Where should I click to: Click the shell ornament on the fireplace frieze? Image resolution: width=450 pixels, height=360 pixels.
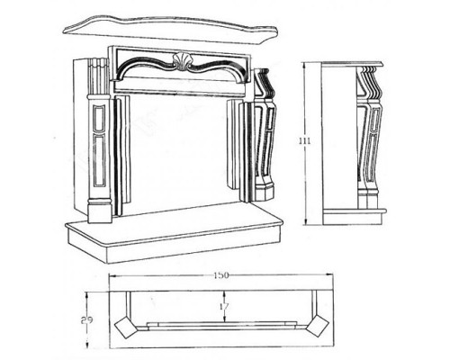pyautogui.click(x=181, y=61)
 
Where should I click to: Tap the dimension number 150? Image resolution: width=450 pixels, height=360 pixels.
pyautogui.click(x=221, y=275)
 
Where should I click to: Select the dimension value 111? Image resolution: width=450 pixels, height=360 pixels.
pyautogui.click(x=305, y=140)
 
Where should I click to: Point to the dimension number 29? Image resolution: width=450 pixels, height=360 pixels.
pyautogui.click(x=86, y=320)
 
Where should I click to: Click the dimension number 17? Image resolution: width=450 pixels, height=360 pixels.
pyautogui.click(x=224, y=306)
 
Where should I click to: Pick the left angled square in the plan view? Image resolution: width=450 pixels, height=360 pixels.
pyautogui.click(x=127, y=327)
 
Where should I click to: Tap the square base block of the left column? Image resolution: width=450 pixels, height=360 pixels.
pyautogui.click(x=100, y=212)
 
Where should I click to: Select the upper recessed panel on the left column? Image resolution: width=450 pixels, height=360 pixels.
pyautogui.click(x=99, y=118)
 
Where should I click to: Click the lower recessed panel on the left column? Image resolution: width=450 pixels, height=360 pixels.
pyautogui.click(x=99, y=159)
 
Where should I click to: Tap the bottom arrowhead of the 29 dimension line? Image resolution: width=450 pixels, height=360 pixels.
pyautogui.click(x=87, y=344)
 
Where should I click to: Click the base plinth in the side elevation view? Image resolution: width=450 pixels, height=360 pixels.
pyautogui.click(x=354, y=218)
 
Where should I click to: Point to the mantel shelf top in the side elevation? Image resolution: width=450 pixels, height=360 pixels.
pyautogui.click(x=353, y=64)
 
